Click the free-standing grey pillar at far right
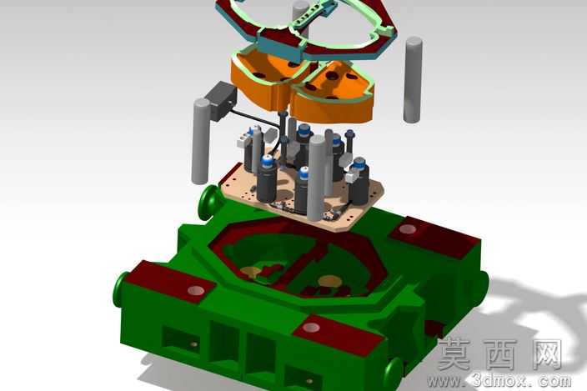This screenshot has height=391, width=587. click(x=413, y=79)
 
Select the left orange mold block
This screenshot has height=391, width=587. click(x=269, y=80)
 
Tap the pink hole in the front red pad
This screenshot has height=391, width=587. click(x=311, y=328)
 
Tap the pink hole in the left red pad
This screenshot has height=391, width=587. click(x=196, y=290)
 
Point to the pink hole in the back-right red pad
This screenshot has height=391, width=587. click(x=408, y=229)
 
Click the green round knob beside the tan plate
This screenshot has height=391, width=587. click(x=208, y=204)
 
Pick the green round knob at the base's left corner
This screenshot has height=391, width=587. click(x=120, y=290)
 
